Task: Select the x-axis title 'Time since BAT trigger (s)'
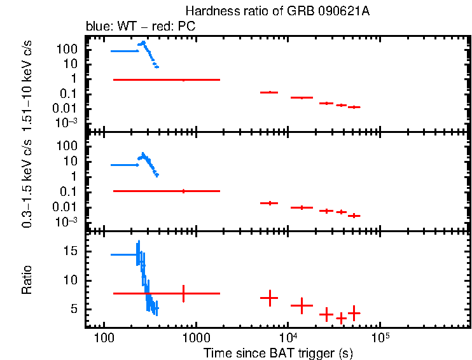278,352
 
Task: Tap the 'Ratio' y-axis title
27,280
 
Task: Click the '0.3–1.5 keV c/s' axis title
27,183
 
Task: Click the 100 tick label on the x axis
102,336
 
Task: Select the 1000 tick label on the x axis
195,336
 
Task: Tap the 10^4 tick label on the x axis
288,336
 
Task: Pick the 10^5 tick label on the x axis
380,336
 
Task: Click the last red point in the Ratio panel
354,313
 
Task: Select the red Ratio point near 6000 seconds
270,298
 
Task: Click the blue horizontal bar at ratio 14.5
124,254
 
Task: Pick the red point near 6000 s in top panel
270,92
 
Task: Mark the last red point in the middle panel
354,216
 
